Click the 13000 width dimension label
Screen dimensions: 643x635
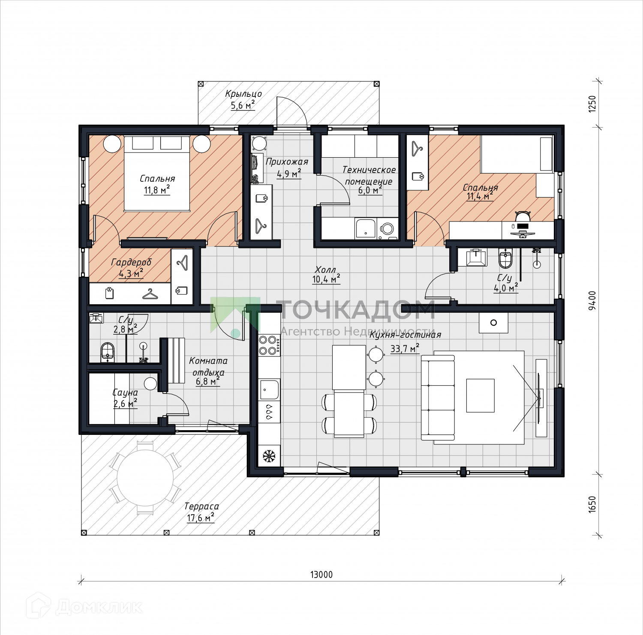321,575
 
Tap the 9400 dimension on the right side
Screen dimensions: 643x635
592,300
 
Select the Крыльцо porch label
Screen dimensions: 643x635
243,94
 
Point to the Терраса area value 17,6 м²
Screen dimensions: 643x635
201,518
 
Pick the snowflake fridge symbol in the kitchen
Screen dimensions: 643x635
269,455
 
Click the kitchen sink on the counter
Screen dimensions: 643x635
269,389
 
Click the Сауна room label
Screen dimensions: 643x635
125,393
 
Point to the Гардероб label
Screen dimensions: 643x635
131,262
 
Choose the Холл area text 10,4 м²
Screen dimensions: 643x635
326,280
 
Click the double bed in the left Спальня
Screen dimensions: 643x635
157,174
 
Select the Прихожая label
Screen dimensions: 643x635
287,162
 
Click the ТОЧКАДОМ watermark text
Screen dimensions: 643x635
355,309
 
